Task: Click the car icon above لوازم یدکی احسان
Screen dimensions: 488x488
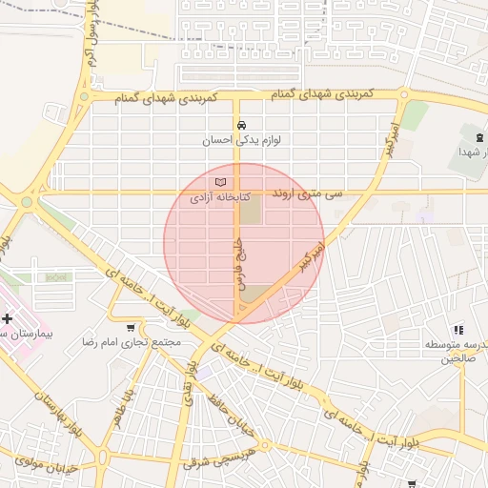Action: [240, 125]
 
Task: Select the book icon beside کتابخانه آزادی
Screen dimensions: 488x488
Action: [220, 182]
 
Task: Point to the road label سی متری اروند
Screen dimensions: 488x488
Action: [307, 193]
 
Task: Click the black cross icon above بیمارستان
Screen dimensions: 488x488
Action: [8, 318]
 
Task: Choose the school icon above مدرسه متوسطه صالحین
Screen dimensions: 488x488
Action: [457, 329]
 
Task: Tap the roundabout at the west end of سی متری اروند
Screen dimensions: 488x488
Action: [27, 201]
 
